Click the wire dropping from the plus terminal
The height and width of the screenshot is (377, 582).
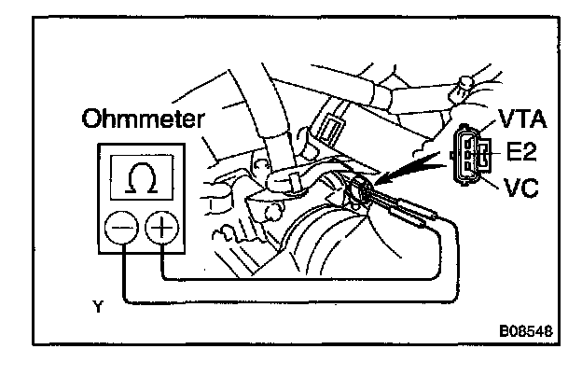161,262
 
